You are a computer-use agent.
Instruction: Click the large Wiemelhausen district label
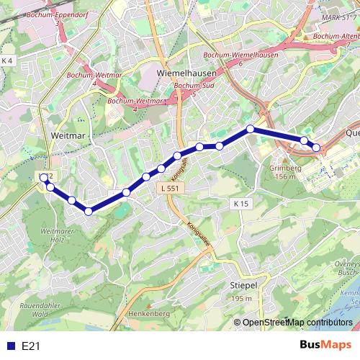(183, 73)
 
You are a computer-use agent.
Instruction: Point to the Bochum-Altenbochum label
(337, 36)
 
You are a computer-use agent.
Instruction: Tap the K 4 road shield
(7, 60)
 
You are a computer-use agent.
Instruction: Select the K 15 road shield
(240, 204)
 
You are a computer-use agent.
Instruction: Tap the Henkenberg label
(148, 315)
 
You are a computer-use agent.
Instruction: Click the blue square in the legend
(10, 346)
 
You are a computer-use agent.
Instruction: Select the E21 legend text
(30, 346)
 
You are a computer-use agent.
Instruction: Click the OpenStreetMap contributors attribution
(297, 322)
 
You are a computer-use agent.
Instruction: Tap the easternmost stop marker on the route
(316, 148)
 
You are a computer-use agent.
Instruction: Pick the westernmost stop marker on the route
(45, 177)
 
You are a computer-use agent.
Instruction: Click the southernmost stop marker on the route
(89, 211)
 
